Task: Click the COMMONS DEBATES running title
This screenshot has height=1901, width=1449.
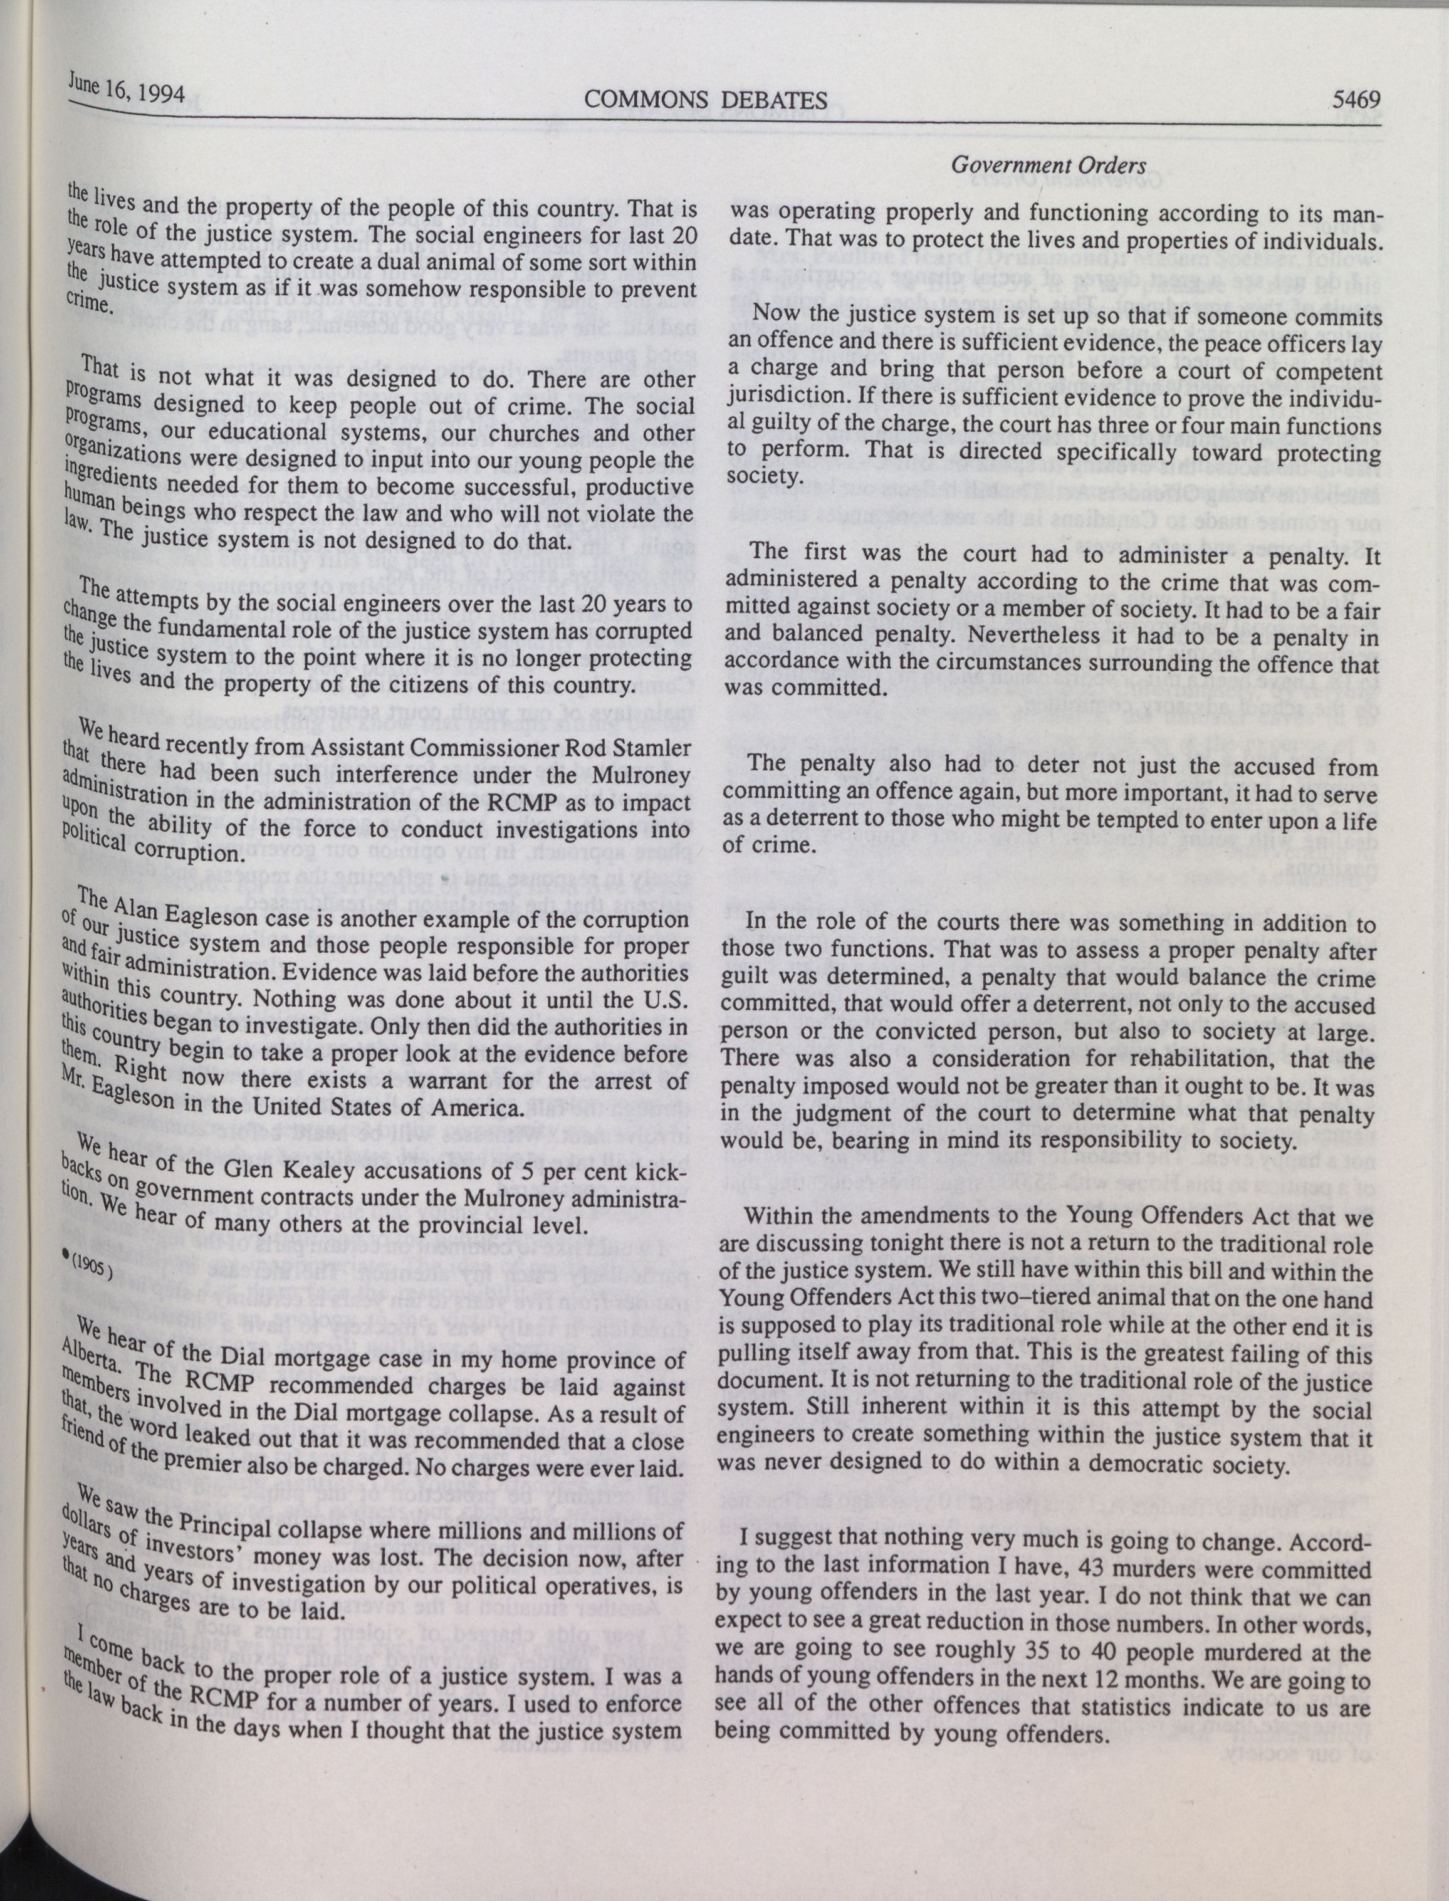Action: coord(706,101)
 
